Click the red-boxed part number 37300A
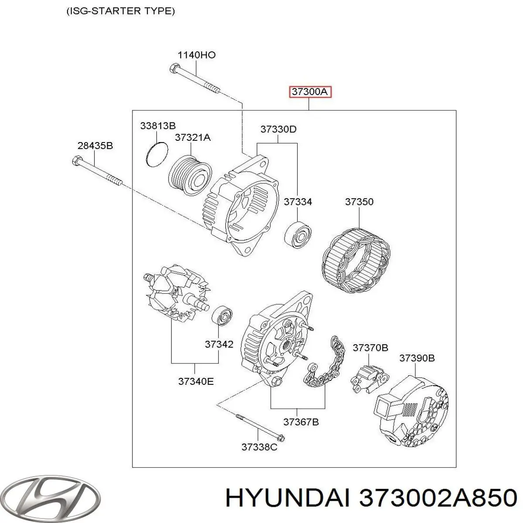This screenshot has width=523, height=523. [310, 92]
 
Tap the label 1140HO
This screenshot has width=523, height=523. [197, 55]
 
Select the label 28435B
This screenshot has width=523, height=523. [95, 146]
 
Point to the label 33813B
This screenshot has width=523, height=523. [158, 126]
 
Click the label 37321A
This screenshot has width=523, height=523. [193, 137]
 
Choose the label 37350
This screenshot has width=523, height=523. [359, 202]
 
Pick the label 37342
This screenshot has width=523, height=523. [219, 344]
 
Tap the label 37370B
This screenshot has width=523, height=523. [370, 348]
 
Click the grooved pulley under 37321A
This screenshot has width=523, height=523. [190, 175]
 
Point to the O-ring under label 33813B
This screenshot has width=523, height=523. [156, 154]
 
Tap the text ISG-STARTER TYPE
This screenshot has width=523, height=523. [120, 11]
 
